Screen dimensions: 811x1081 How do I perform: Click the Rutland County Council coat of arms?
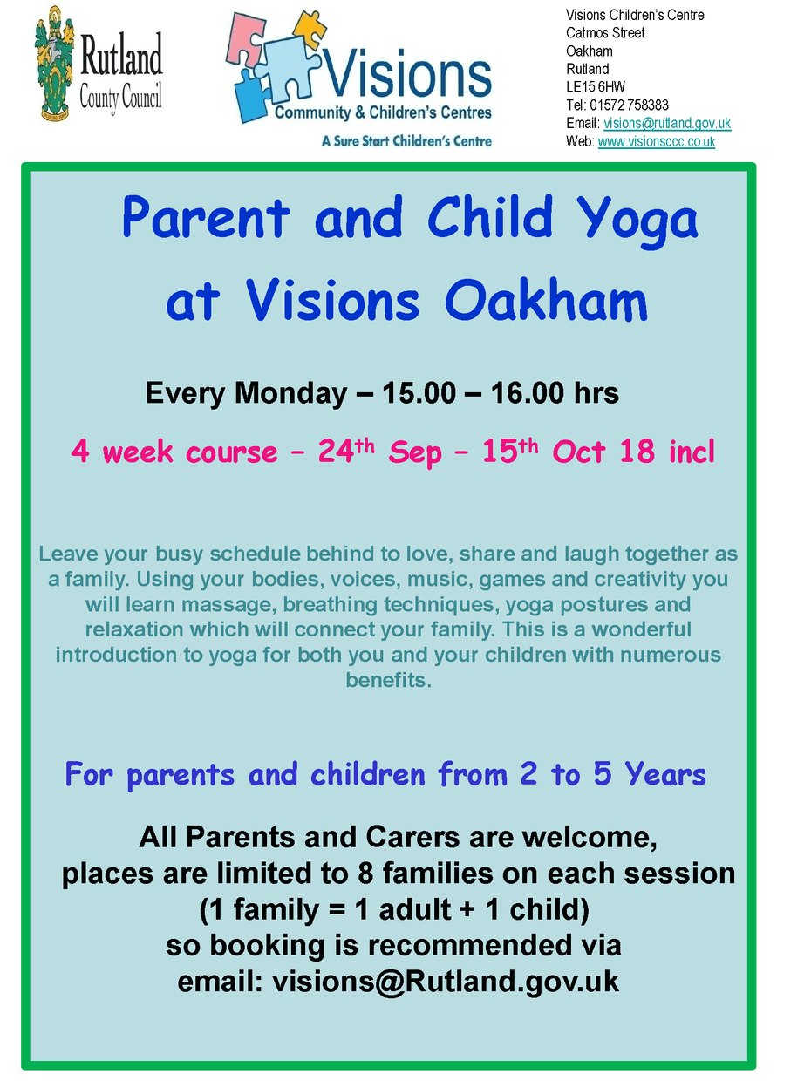coord(54,64)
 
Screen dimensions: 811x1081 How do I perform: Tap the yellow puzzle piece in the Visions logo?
coord(310,30)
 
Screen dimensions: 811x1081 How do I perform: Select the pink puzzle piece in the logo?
coord(245,38)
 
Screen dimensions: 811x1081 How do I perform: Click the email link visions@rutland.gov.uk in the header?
coord(667,123)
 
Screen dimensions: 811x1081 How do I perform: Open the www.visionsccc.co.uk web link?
coord(656,142)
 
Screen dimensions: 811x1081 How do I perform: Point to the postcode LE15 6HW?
coord(596,87)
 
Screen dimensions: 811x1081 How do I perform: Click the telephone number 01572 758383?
coord(629,105)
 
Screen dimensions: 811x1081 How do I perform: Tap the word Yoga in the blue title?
coord(637,221)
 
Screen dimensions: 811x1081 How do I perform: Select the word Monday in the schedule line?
coord(290,394)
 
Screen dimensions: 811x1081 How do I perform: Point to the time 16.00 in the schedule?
coord(527,393)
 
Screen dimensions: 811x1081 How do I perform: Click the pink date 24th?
coord(346,450)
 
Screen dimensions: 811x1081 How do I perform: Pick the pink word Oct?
coord(578,451)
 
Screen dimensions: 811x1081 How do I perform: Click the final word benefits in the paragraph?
coord(389,680)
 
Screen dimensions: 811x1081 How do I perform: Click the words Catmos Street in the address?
coord(605,33)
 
